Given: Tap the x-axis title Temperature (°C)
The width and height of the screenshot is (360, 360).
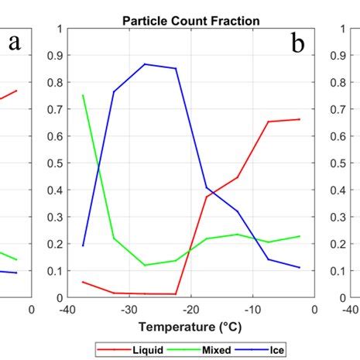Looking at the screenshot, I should pyautogui.click(x=190, y=327).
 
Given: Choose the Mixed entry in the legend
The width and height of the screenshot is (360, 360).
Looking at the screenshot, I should pyautogui.click(x=207, y=351).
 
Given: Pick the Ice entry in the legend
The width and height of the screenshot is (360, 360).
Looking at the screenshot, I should pyautogui.click(x=268, y=351).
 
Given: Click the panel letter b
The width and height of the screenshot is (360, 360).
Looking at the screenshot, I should pyautogui.click(x=298, y=44).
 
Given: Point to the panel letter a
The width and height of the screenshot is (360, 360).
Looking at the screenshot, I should pyautogui.click(x=14, y=44).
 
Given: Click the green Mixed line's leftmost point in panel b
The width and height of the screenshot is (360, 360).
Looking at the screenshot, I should pyautogui.click(x=83, y=95).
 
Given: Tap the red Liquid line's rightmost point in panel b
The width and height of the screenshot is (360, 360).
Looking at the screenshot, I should pyautogui.click(x=300, y=119).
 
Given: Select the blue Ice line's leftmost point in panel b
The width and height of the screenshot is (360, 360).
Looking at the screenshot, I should pyautogui.click(x=83, y=245).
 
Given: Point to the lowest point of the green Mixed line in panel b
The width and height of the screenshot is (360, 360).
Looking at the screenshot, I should pyautogui.click(x=145, y=265).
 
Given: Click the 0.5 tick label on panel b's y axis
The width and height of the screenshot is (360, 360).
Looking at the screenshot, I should pyautogui.click(x=52, y=163).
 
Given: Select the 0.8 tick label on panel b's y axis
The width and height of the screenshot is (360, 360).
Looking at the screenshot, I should pyautogui.click(x=52, y=83).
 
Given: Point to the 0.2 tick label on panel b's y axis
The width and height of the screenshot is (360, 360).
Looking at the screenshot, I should pyautogui.click(x=52, y=244).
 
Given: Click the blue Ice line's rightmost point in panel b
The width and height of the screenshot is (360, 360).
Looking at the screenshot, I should pyautogui.click(x=300, y=267).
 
